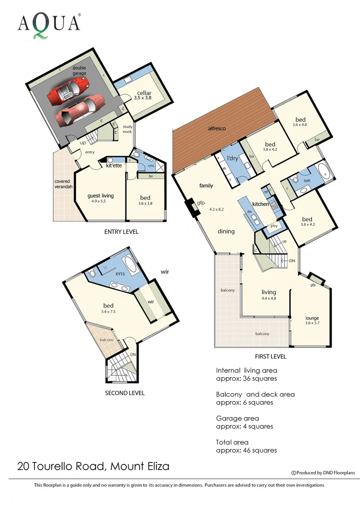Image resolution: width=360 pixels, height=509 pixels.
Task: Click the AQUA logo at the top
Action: (x=49, y=24)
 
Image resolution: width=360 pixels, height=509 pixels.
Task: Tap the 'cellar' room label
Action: (x=144, y=93)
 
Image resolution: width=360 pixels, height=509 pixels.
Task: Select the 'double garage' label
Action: (x=79, y=71)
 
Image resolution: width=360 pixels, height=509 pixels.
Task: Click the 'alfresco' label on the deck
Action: (x=217, y=128)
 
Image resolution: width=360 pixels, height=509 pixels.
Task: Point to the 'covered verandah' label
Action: (x=62, y=184)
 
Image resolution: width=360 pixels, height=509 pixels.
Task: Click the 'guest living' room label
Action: (x=101, y=196)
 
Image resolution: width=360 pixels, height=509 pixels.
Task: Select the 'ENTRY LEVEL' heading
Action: (x=121, y=232)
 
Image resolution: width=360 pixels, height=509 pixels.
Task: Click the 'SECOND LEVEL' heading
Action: (x=124, y=393)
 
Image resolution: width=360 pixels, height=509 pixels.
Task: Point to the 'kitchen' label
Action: (x=261, y=204)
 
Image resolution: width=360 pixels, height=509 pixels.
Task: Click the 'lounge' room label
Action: (x=312, y=318)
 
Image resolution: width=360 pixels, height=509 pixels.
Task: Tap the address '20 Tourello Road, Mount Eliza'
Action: (x=93, y=467)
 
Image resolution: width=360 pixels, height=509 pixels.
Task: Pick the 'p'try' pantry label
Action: (x=273, y=227)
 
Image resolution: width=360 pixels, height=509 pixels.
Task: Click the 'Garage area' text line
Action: (x=237, y=418)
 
